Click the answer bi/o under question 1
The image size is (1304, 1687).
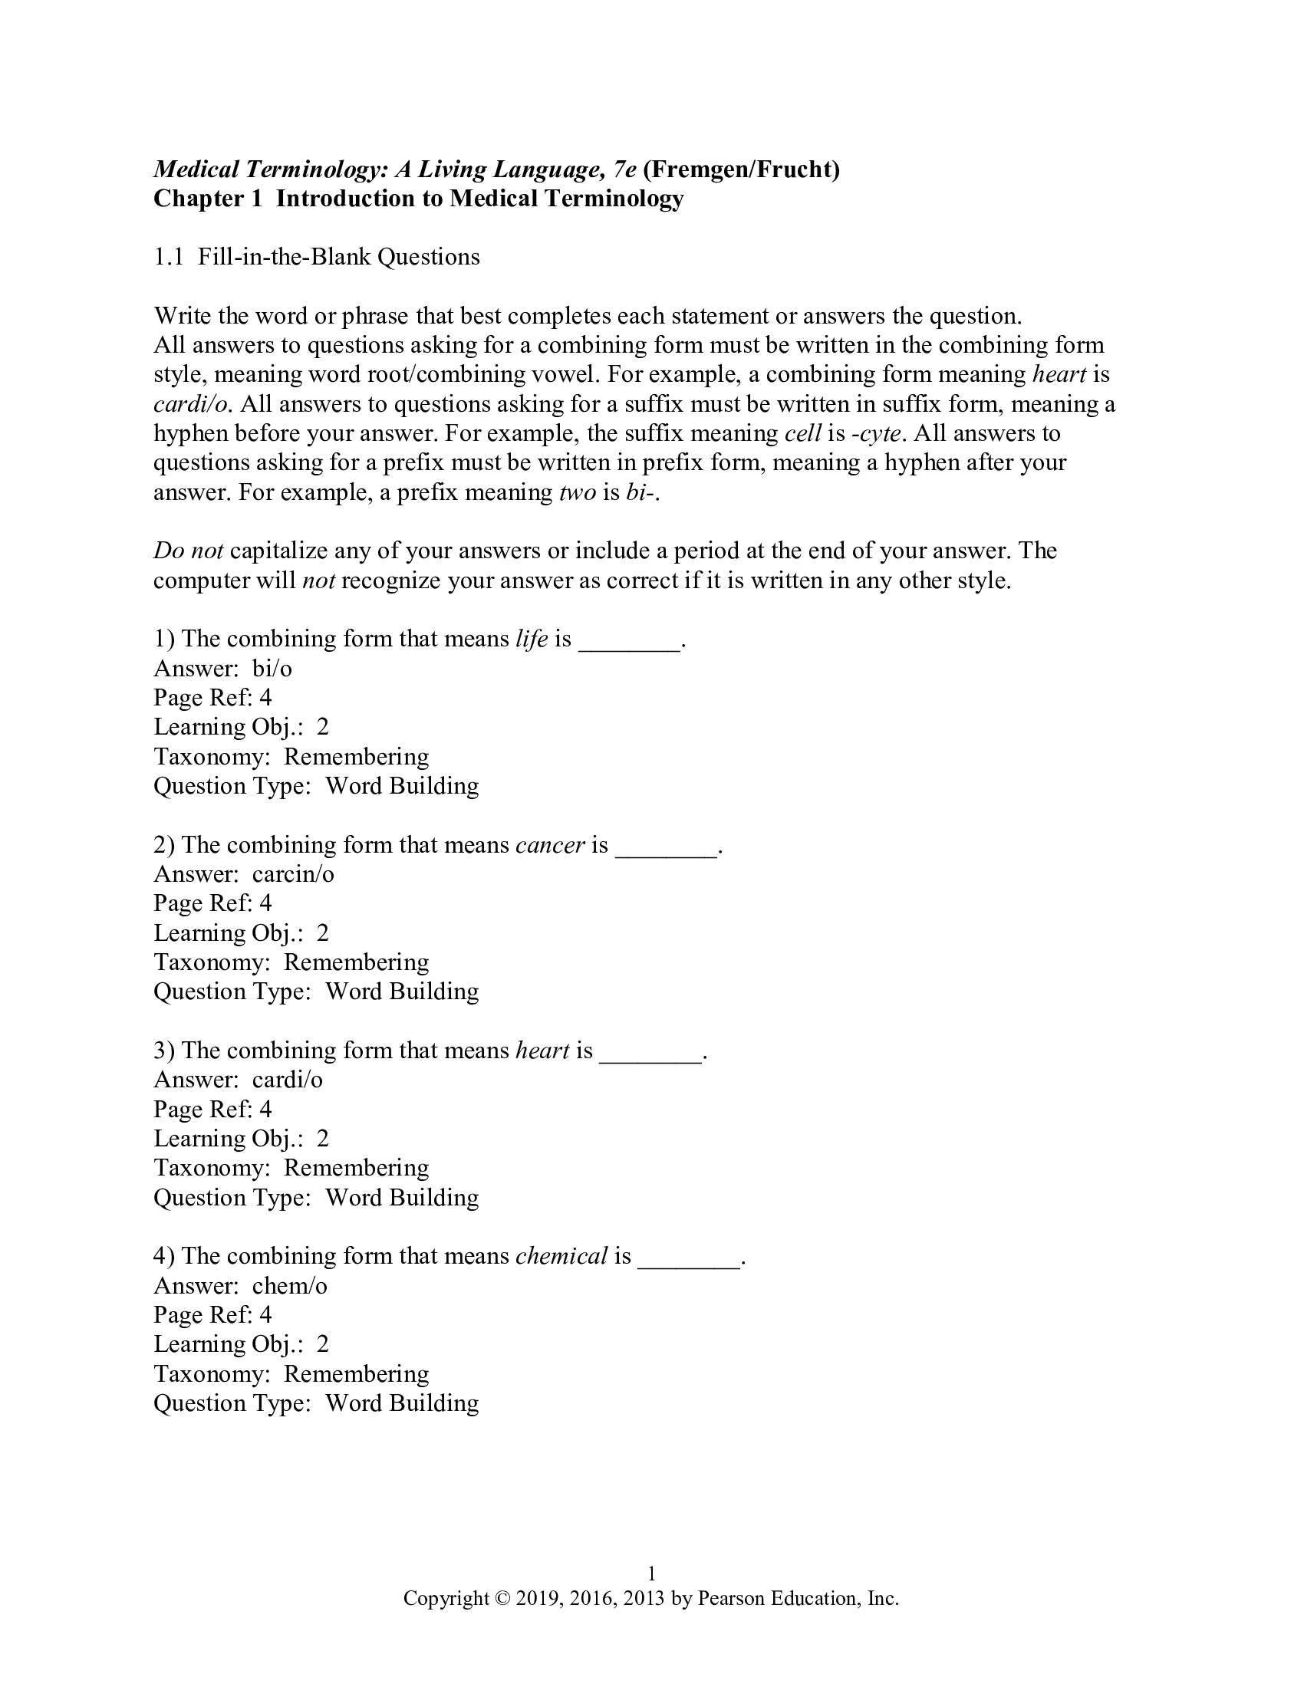point(272,668)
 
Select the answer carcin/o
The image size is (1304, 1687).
point(293,873)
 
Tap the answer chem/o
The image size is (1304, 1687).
point(290,1285)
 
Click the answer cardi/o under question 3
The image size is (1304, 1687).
point(288,1079)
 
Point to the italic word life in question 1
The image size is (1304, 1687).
point(532,639)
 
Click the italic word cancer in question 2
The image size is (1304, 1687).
point(550,844)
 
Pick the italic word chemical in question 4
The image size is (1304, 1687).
point(561,1256)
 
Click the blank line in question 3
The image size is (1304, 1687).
point(650,1052)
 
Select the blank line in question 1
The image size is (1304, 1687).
point(629,640)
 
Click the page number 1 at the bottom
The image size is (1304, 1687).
point(651,1574)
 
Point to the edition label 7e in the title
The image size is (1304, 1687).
point(621,169)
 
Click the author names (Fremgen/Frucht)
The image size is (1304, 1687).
point(742,169)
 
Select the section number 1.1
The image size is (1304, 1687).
point(169,257)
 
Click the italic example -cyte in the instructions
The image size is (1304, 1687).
point(875,433)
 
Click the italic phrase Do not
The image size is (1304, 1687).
point(189,551)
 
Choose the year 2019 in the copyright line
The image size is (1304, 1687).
point(538,1598)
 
